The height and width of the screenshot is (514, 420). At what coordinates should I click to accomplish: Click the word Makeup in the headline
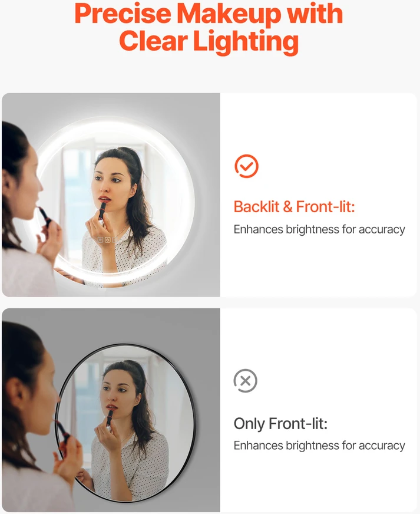click(x=229, y=14)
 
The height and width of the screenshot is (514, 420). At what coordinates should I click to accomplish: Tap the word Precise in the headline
click(x=123, y=14)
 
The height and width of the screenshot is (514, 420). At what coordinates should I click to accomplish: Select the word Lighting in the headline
click(x=246, y=42)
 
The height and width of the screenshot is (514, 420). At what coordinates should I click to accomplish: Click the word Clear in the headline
click(x=153, y=41)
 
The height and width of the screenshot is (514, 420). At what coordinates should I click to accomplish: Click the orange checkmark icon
click(x=246, y=166)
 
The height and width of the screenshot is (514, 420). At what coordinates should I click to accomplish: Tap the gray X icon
click(x=246, y=381)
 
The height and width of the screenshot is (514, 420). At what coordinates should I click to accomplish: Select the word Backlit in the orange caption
click(x=256, y=207)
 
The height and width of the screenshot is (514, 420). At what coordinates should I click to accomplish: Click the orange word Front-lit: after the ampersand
click(x=325, y=207)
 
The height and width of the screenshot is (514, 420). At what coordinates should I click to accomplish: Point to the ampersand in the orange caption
click(x=287, y=207)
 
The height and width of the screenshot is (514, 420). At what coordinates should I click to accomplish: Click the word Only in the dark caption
click(x=249, y=424)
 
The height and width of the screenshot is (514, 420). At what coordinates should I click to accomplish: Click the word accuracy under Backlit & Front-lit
click(x=382, y=229)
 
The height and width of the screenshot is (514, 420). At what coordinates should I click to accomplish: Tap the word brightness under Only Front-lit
click(x=312, y=446)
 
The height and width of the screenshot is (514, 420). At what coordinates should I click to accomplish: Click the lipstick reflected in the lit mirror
click(x=102, y=211)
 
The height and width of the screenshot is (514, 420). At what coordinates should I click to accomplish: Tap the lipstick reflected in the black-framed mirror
click(x=110, y=419)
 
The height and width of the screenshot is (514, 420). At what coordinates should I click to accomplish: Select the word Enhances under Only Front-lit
click(x=258, y=446)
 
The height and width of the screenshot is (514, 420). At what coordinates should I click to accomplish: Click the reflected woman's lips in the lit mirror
click(x=105, y=199)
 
